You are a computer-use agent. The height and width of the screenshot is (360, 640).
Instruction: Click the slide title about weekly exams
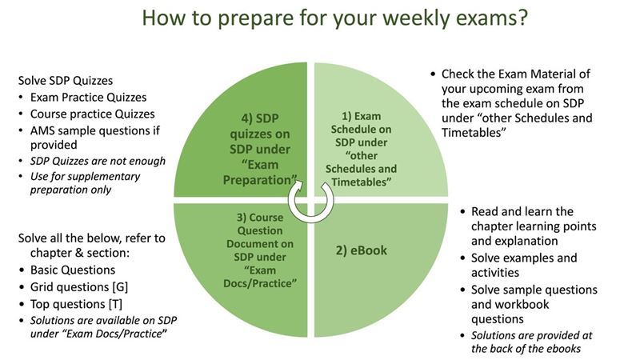point(334,18)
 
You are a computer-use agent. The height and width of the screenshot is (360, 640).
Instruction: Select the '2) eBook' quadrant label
point(362,250)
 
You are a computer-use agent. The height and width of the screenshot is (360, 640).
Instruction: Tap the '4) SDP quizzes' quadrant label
point(260,149)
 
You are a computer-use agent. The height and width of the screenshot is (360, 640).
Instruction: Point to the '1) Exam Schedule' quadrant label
point(362,149)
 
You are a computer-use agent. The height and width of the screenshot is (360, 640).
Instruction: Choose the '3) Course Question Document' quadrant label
point(260,250)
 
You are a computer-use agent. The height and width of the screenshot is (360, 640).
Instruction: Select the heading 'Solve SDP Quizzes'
point(66,81)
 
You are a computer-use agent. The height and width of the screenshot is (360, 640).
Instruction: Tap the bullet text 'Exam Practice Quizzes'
point(88,97)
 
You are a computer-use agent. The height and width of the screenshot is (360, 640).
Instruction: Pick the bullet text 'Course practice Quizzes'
point(92,114)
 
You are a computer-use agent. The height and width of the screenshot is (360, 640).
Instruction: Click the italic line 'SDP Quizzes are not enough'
point(98,161)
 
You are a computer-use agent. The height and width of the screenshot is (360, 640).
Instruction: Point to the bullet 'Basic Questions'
point(73,270)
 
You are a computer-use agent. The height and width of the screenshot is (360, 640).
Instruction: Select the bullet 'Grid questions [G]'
point(79,287)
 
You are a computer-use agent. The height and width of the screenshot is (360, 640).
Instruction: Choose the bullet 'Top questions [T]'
point(76,304)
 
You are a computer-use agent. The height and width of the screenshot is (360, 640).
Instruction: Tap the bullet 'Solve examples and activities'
point(524,266)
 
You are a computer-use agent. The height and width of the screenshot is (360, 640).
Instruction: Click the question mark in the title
point(522,18)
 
